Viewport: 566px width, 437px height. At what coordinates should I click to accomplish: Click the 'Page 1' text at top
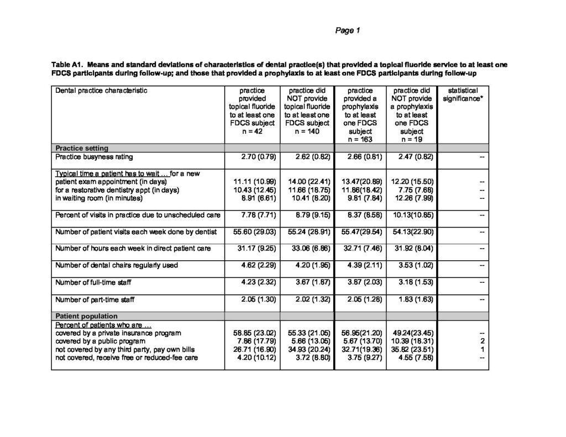coord(348,31)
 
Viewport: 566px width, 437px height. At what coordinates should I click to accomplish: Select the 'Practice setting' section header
coord(81,148)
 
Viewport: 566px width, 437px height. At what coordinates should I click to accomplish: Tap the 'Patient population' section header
coord(86,316)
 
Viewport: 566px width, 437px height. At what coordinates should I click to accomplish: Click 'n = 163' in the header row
coord(360,140)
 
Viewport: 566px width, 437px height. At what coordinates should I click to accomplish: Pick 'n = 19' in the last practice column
coord(413,140)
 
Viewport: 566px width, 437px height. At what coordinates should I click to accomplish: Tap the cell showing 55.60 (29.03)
coord(252,231)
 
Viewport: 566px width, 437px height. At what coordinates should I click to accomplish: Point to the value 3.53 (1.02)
coord(415,266)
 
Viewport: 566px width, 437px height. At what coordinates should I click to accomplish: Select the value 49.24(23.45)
coord(413,334)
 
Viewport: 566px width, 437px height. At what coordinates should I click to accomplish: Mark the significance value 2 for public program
coord(483,341)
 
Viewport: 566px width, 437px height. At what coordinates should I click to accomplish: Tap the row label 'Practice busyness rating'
coord(94,157)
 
